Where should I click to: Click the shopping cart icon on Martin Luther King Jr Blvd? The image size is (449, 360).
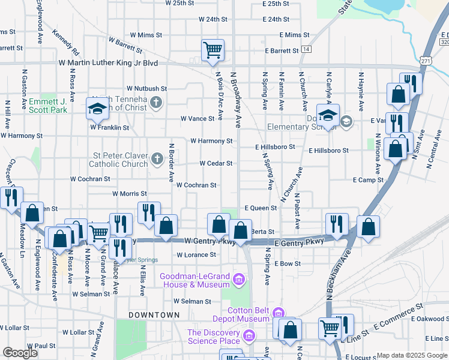pyautogui.click(x=212, y=50)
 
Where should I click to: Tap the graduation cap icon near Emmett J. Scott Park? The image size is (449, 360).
pyautogui.click(x=96, y=108)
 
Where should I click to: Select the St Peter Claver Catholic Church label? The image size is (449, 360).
pyautogui.click(x=119, y=160)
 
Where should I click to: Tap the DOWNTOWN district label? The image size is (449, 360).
pyautogui.click(x=154, y=314)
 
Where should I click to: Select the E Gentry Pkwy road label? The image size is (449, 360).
pyautogui.click(x=298, y=241)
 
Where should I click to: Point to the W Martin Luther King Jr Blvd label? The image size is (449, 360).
pyautogui.click(x=108, y=62)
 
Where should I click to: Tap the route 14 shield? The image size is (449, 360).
pyautogui.click(x=307, y=49)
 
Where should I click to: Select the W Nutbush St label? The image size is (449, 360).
pyautogui.click(x=146, y=88)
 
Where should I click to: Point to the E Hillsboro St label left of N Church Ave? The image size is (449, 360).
pyautogui.click(x=275, y=146)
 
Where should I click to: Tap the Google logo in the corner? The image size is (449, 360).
pyautogui.click(x=20, y=352)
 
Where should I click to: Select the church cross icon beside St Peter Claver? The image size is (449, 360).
pyautogui.click(x=157, y=159)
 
